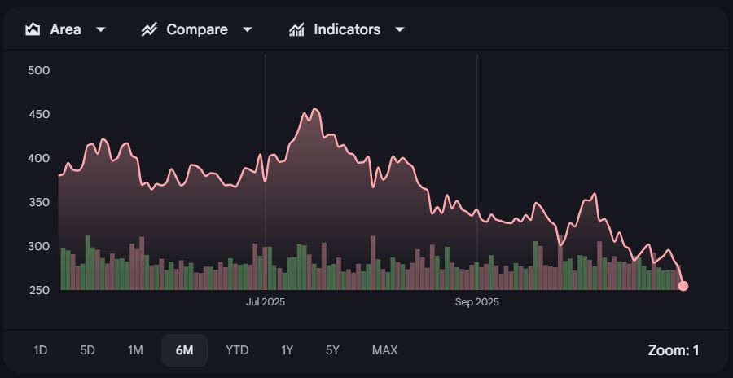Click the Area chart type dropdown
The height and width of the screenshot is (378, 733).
click(66, 29)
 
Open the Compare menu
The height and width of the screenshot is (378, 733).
click(196, 29)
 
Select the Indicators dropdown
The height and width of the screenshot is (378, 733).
click(347, 29)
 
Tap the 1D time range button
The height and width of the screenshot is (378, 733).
click(41, 350)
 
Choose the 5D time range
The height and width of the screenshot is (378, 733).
click(88, 350)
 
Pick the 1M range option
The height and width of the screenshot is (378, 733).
click(135, 350)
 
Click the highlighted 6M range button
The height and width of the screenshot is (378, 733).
click(184, 350)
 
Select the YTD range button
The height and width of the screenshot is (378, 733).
click(237, 350)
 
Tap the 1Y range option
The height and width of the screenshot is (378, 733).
click(287, 350)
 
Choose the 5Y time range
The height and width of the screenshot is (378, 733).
click(332, 350)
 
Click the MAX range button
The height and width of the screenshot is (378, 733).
click(384, 350)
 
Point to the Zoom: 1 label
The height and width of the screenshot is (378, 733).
click(674, 350)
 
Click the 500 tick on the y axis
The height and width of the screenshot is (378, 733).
click(39, 70)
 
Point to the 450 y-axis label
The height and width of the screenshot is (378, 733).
click(39, 114)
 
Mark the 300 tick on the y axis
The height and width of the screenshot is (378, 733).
click(39, 246)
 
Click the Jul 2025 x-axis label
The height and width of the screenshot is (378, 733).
click(266, 302)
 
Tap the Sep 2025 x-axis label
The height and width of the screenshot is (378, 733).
click(476, 302)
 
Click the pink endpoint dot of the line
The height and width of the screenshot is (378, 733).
click(683, 286)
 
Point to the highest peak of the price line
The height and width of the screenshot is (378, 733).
click(315, 109)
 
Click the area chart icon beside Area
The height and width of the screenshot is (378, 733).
click(33, 29)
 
